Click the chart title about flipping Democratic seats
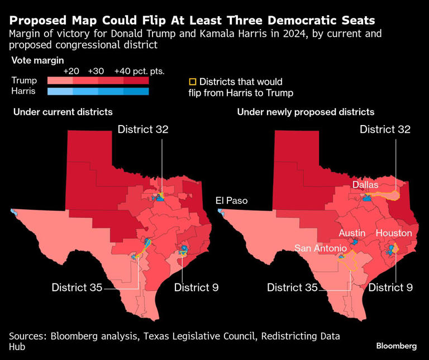click(x=192, y=21)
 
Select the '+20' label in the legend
click(x=71, y=71)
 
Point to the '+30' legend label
click(x=96, y=71)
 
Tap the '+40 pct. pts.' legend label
click(x=139, y=71)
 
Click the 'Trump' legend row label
click(x=25, y=81)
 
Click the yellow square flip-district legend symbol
click(x=193, y=81)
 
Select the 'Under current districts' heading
click(x=63, y=112)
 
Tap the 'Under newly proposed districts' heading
click(x=306, y=112)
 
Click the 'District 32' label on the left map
click(x=143, y=129)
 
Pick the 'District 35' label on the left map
click(x=77, y=287)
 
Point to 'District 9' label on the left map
click(x=196, y=287)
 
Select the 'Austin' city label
click(x=352, y=233)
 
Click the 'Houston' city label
click(x=394, y=233)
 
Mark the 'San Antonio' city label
click(x=321, y=248)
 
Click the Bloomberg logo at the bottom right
click(x=396, y=346)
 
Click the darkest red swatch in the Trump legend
click(x=136, y=81)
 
